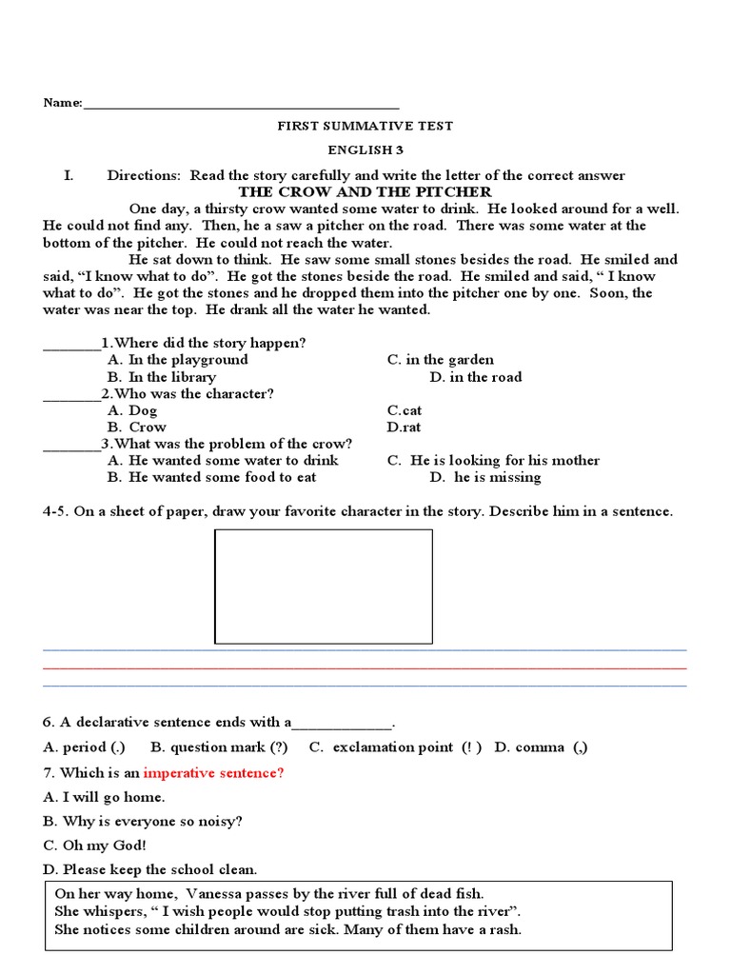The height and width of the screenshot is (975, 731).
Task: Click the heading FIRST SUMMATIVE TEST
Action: [365, 126]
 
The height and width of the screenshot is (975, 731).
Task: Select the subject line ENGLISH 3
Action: [365, 150]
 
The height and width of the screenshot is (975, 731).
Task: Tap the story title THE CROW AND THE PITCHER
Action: [365, 191]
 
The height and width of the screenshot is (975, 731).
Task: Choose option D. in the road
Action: [475, 377]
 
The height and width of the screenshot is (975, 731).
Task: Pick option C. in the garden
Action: [440, 360]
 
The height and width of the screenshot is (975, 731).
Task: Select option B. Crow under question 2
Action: [136, 428]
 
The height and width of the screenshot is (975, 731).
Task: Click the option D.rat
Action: [404, 428]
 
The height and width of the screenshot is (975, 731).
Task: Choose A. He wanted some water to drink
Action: [223, 461]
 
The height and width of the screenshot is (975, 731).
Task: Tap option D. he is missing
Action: [485, 478]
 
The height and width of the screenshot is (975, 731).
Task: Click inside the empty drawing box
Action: [324, 586]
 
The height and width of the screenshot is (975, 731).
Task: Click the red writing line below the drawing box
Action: [365, 667]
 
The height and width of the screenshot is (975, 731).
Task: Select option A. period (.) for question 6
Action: [85, 747]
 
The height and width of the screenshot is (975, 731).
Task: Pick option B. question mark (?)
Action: [219, 747]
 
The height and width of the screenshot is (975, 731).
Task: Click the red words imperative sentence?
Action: [213, 773]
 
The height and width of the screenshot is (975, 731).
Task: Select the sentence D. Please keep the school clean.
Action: [150, 870]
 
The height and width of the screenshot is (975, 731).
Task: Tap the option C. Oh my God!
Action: [95, 846]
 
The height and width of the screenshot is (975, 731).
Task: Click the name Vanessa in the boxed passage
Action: [215, 894]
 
